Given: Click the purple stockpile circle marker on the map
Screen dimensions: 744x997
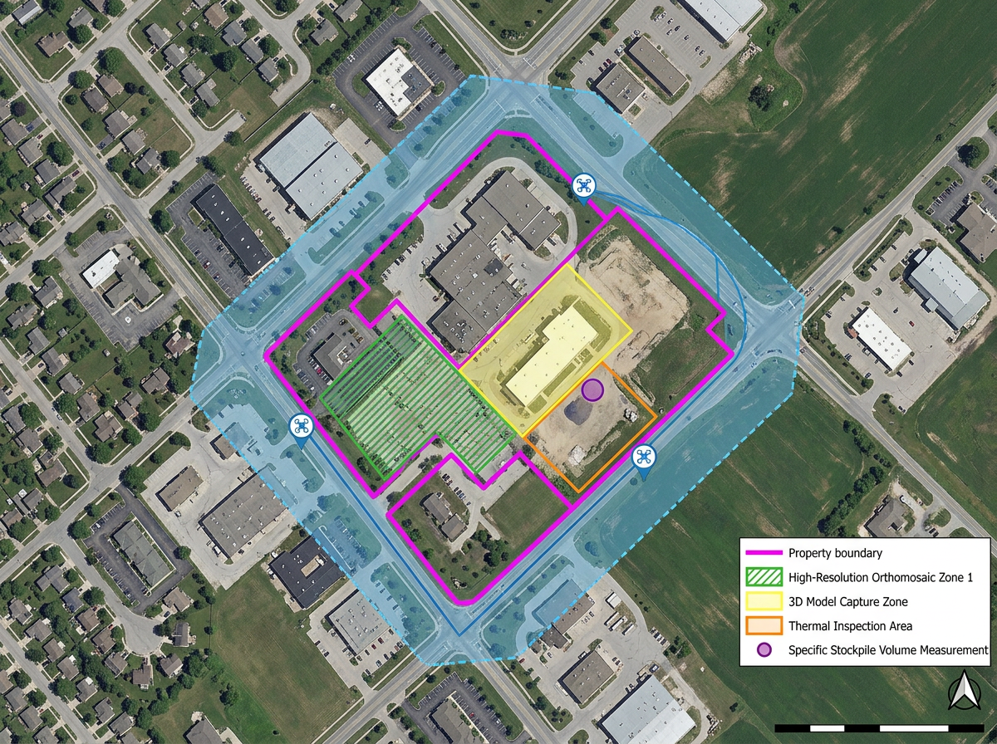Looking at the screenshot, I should click(592, 389).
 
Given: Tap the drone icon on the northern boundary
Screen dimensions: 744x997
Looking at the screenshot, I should click(583, 185).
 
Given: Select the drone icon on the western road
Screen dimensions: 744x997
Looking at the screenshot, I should click(300, 427).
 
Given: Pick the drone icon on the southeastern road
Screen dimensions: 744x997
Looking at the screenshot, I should click(644, 457).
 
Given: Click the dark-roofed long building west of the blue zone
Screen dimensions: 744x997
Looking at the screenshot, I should click(233, 228).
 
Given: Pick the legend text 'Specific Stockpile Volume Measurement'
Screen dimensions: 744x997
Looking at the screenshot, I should click(887, 650).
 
